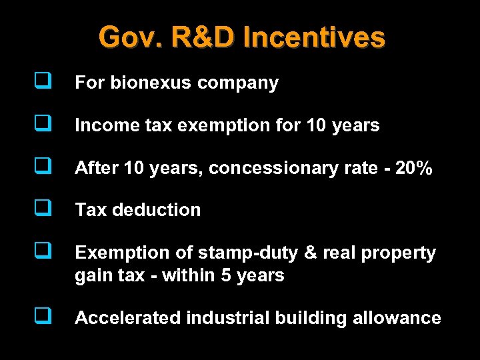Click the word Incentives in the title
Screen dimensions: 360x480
[314, 37]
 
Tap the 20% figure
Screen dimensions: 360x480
[414, 168]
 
